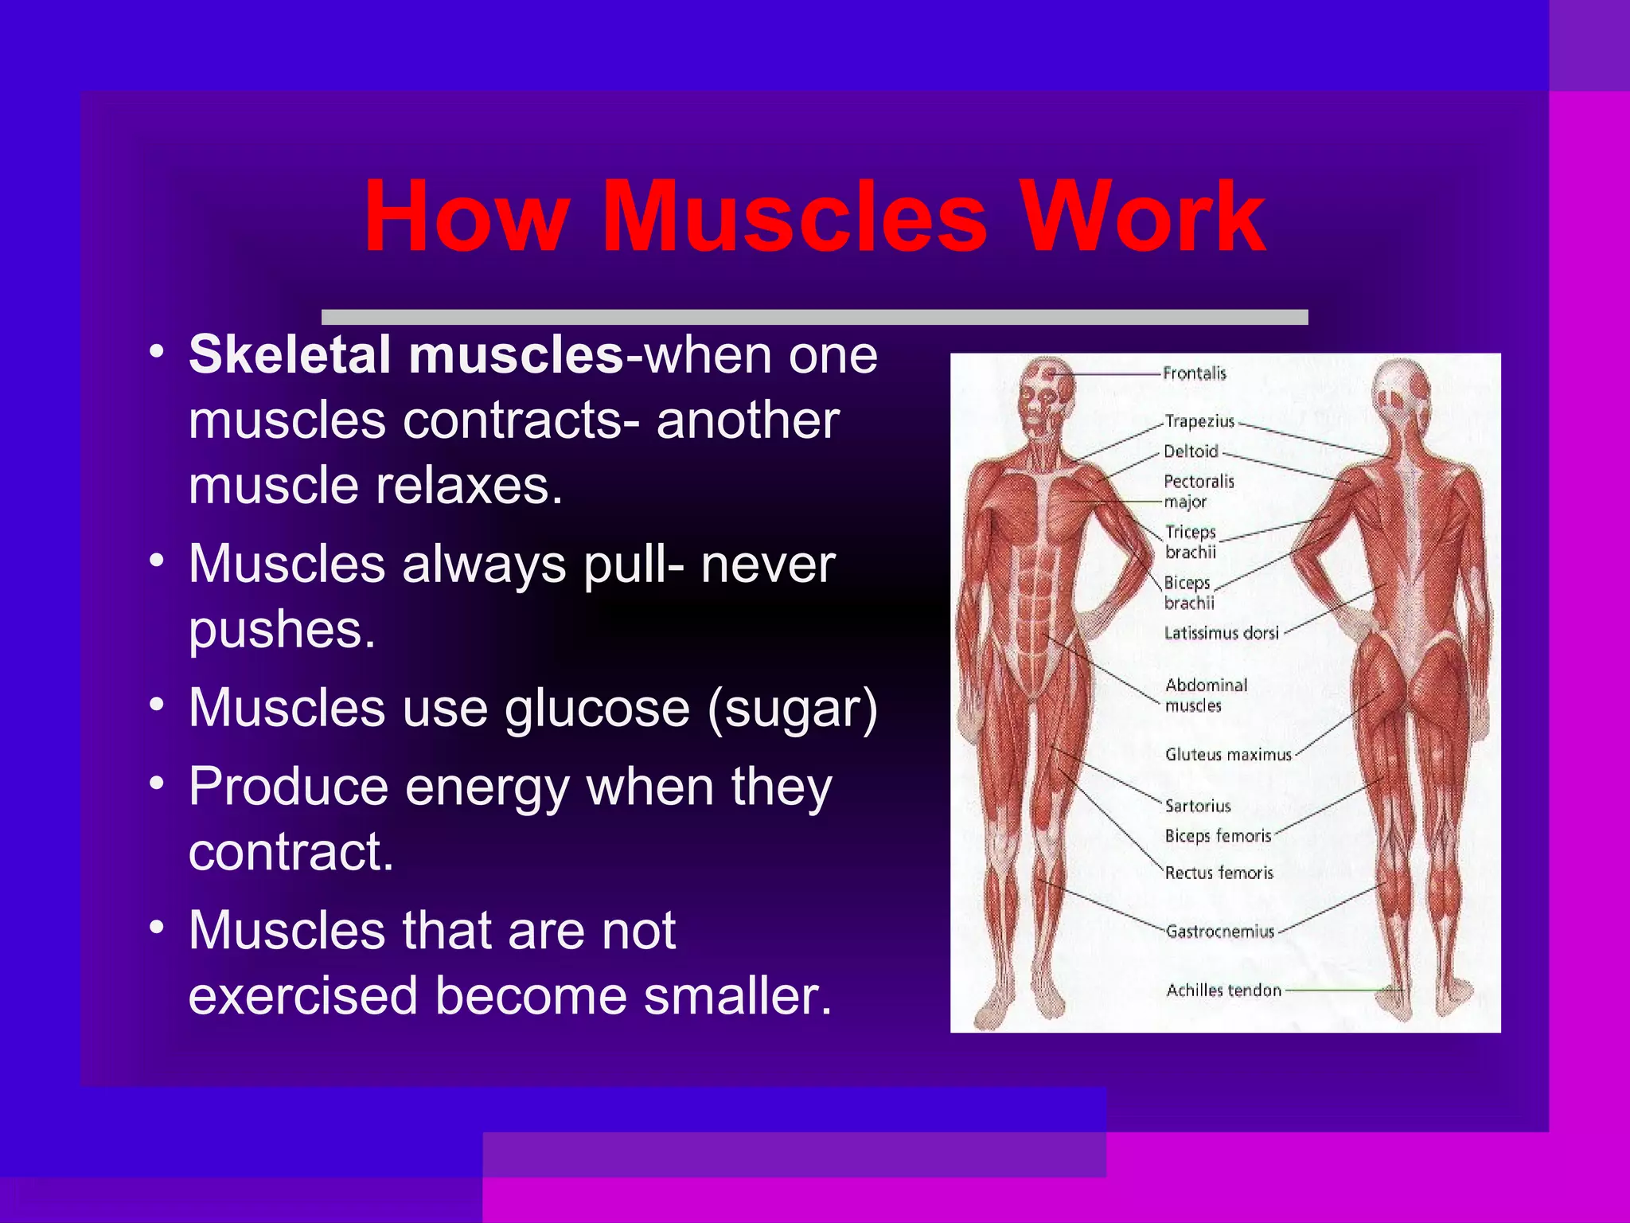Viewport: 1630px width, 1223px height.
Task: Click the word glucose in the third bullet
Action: [x=597, y=709]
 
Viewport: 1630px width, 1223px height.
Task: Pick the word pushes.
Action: [x=282, y=631]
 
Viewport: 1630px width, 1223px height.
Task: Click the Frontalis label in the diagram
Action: [x=1194, y=373]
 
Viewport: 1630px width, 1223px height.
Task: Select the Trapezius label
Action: [x=1199, y=421]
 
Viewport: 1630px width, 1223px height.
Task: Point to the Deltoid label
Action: [x=1191, y=451]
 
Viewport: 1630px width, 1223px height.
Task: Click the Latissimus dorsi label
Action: [x=1221, y=634]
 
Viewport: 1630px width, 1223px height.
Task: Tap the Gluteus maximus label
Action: [x=1228, y=755]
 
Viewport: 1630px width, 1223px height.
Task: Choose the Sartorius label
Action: [x=1198, y=807]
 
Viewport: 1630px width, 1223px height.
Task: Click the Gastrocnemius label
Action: [x=1220, y=932]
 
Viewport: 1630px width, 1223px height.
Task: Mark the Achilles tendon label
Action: [x=1223, y=991]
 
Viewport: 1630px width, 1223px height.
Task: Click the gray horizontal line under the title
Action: [x=814, y=317]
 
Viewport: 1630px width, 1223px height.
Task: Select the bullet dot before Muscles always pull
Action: [x=157, y=560]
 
